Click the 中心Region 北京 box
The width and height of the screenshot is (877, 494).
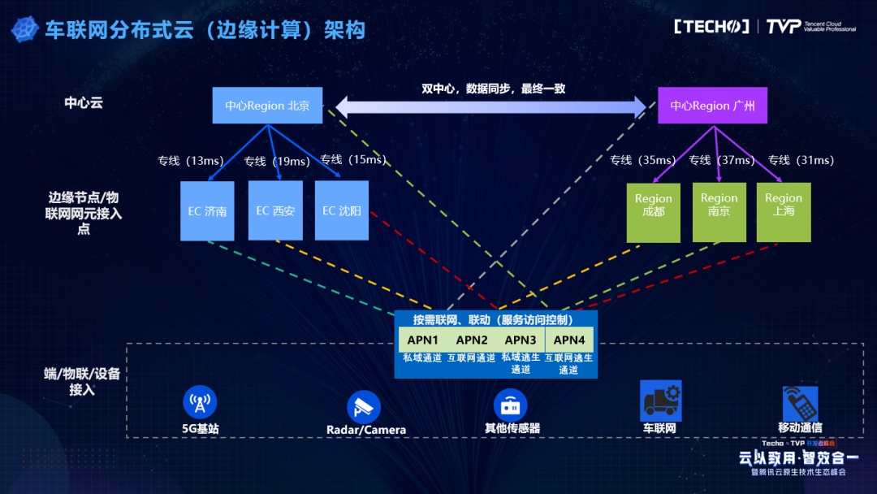(x=267, y=106)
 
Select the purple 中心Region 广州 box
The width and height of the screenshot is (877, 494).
(x=712, y=106)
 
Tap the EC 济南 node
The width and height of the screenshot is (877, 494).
(x=207, y=211)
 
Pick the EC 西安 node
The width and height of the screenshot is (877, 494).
(x=275, y=211)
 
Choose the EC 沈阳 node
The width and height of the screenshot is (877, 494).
(x=341, y=211)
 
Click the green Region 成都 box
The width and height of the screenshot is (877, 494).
(x=654, y=213)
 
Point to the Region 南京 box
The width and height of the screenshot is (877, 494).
(x=719, y=213)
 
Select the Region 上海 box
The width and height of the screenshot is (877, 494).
(x=784, y=213)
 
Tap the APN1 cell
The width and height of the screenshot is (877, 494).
(x=422, y=340)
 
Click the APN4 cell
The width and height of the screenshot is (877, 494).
(x=569, y=340)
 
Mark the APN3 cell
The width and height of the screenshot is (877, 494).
(x=521, y=340)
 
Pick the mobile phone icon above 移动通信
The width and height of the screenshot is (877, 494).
(x=799, y=402)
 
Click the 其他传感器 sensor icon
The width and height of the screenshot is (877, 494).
(x=511, y=404)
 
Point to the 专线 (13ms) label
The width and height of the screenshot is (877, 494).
(x=184, y=161)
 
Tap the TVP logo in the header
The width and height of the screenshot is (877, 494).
(x=784, y=27)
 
